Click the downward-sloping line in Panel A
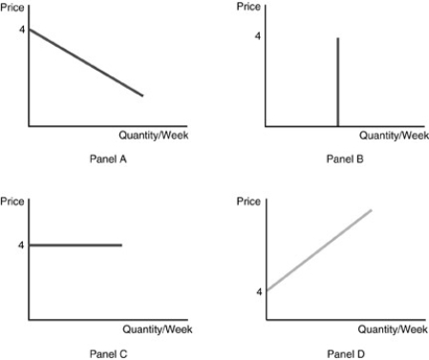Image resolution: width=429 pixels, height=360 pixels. click(x=86, y=62)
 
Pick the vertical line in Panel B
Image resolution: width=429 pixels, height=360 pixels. click(x=338, y=81)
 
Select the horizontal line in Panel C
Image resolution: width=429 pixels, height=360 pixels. click(x=76, y=245)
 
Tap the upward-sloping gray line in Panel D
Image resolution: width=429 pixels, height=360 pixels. click(x=319, y=249)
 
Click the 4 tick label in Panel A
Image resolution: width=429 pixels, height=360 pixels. click(x=20, y=29)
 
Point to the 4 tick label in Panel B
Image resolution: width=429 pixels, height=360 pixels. click(x=257, y=36)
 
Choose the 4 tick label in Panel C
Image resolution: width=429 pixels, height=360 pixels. click(x=20, y=245)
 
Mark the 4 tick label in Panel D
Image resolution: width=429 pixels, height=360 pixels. click(x=258, y=291)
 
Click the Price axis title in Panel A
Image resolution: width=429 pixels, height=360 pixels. click(x=13, y=7)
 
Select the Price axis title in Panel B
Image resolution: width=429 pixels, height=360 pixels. click(x=249, y=7)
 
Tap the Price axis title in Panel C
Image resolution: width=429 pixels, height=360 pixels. click(x=13, y=201)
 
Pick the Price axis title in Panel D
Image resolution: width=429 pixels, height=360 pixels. click(x=249, y=201)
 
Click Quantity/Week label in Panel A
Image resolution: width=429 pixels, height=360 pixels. click(x=153, y=136)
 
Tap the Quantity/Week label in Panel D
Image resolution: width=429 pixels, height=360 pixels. click(x=393, y=329)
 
